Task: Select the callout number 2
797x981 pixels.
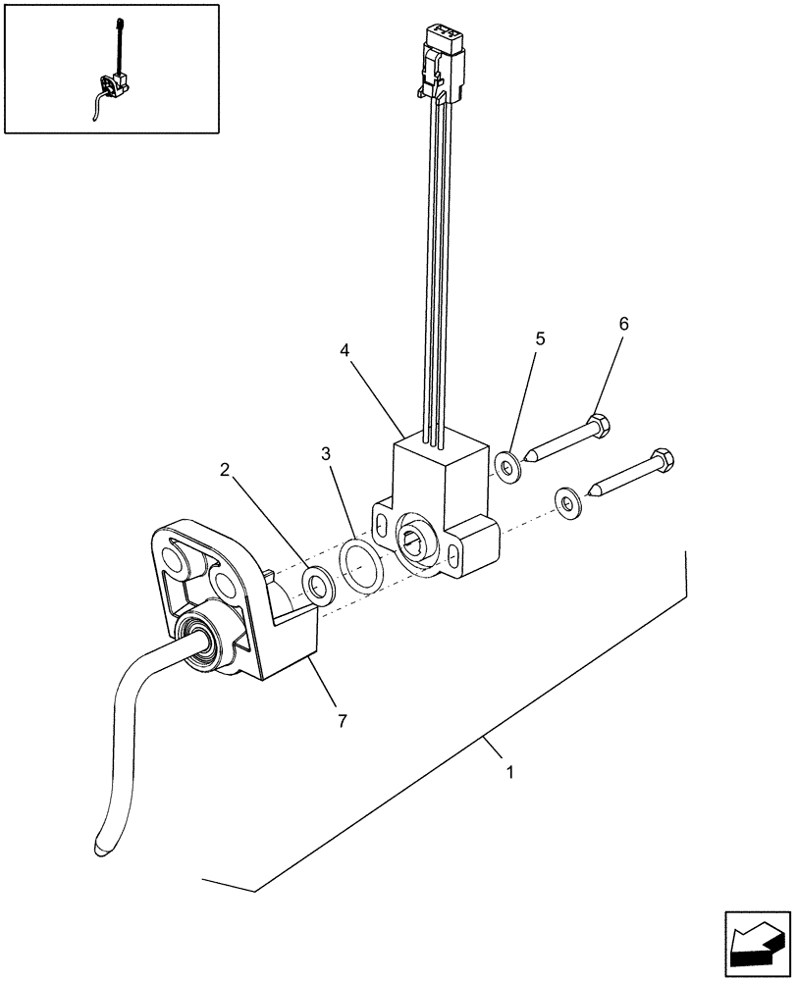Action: tap(225, 471)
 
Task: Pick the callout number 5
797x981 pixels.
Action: tap(540, 338)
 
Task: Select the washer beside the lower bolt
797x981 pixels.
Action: tap(567, 500)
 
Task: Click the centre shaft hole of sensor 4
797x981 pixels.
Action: tap(416, 536)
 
